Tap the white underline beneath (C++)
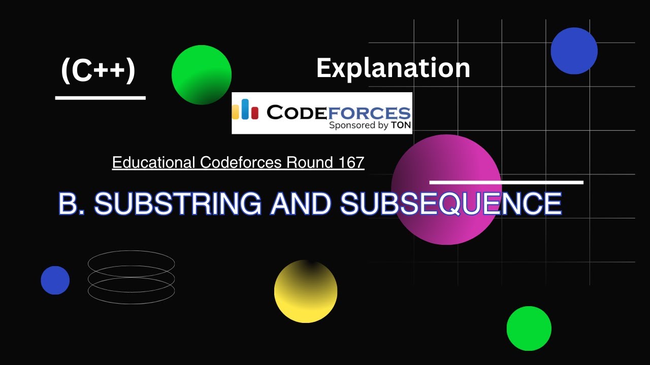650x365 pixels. point(100,98)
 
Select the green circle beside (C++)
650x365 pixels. point(202,75)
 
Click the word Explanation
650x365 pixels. point(393,68)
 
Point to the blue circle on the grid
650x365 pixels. point(574,51)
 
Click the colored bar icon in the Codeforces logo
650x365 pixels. point(245,109)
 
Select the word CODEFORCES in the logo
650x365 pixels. point(339,112)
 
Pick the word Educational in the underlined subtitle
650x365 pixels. point(154,163)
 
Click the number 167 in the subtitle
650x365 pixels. point(350,163)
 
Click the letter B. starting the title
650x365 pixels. point(72,204)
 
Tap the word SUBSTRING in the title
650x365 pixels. point(178,204)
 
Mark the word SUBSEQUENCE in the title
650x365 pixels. point(451,204)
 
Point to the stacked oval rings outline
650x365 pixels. point(132,277)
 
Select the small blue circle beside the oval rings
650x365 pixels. point(55,280)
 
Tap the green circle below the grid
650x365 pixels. point(529,328)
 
